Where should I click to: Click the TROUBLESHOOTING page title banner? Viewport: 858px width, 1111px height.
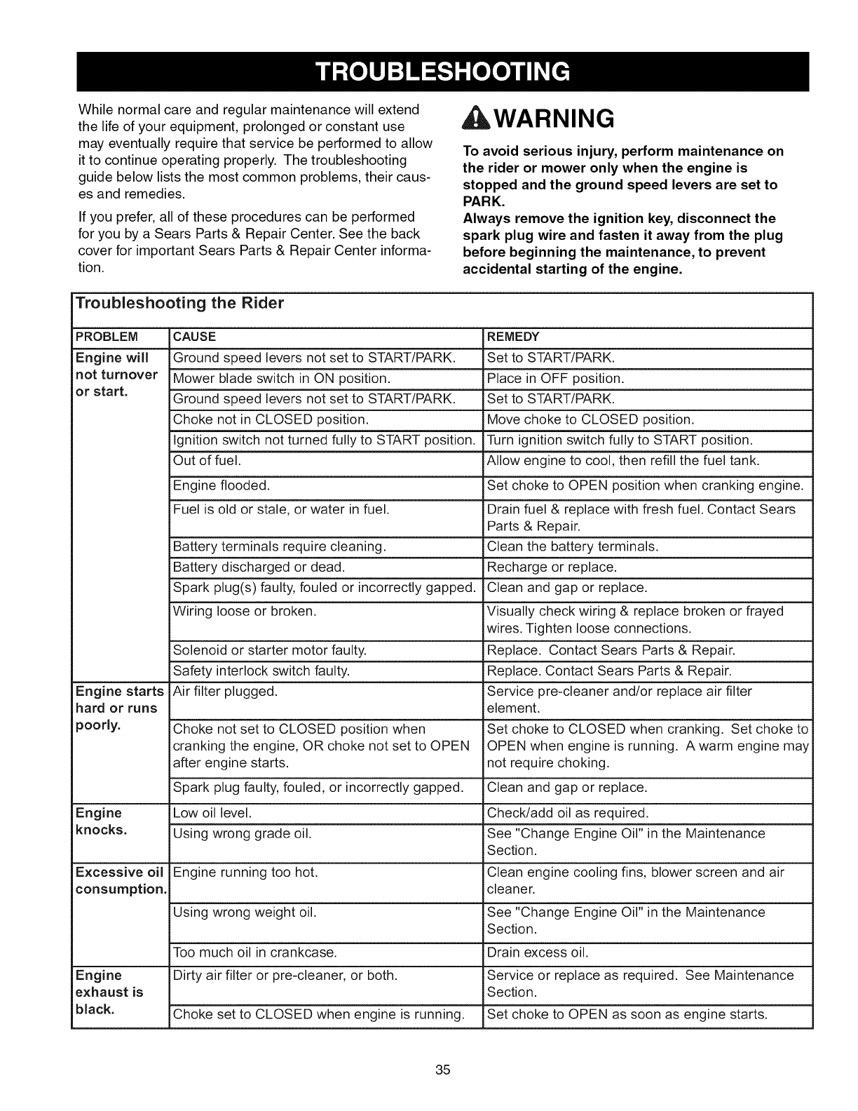(x=441, y=72)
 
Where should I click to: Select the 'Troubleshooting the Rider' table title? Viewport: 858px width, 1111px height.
(x=179, y=304)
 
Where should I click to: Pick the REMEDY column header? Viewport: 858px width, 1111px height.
(x=513, y=337)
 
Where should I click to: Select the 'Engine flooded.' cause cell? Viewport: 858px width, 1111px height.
(x=221, y=485)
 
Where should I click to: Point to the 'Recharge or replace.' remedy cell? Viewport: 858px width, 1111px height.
(x=552, y=567)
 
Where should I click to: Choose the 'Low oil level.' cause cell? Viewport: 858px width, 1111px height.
(x=212, y=813)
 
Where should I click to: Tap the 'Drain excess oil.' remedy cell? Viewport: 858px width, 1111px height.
(x=538, y=952)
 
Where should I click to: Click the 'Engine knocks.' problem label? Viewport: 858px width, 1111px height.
(x=102, y=821)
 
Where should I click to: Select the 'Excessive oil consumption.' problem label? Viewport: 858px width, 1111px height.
(x=120, y=881)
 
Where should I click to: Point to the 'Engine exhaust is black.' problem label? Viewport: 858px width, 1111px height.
(x=109, y=992)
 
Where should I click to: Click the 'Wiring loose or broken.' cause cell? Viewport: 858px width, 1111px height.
(x=245, y=611)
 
